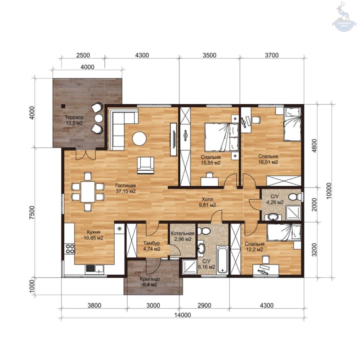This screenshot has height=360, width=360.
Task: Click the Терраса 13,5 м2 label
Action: coord(74,120)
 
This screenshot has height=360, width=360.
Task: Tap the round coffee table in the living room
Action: coord(139,138)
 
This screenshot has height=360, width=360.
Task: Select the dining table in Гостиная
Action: coord(88,192)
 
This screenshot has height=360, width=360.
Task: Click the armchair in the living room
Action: coord(146,165)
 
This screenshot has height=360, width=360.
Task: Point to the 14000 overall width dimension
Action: coord(182,315)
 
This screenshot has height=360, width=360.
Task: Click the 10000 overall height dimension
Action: coord(329,191)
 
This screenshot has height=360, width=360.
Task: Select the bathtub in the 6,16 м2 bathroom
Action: coord(223,259)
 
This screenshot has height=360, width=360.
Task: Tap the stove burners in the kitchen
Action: coord(70,249)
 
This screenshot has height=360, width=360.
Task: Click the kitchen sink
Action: coord(95,269)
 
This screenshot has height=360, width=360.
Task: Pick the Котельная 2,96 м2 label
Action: coord(182,236)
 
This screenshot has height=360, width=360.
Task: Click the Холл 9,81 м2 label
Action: coord(207,202)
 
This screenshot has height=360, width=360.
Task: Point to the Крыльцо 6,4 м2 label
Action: coord(150,282)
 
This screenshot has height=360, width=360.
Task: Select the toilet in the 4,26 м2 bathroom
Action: coord(295,197)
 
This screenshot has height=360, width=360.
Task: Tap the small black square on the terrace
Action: coord(63,106)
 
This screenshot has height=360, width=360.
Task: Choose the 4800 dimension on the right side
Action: coord(314,146)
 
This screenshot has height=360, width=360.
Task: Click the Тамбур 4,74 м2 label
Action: coord(152,246)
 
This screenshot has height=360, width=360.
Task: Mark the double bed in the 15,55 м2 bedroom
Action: coord(221,137)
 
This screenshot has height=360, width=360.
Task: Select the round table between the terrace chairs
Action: coord(99,118)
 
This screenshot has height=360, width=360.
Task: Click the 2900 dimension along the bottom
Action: coord(204,306)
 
